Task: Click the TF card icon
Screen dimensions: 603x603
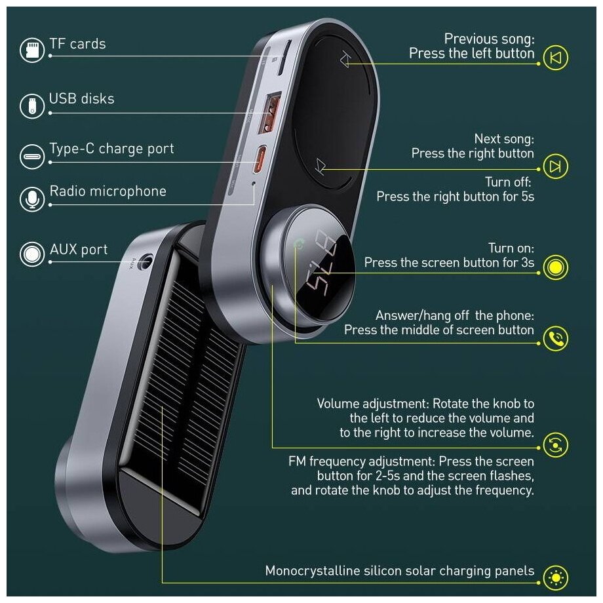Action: click(32, 50)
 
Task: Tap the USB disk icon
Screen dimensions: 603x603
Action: click(32, 105)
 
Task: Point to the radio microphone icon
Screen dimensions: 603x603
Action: click(32, 198)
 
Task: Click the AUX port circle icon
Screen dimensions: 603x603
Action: click(32, 254)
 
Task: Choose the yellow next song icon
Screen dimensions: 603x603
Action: click(555, 166)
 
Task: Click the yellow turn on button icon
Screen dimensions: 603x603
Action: click(555, 267)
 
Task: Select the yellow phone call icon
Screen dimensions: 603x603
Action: click(555, 338)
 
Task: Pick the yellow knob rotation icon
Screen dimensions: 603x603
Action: click(555, 445)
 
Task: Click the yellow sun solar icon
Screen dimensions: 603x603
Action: click(555, 577)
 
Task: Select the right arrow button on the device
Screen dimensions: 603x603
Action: click(320, 166)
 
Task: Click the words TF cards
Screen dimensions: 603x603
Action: click(77, 45)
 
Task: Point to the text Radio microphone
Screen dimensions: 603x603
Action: click(107, 191)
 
